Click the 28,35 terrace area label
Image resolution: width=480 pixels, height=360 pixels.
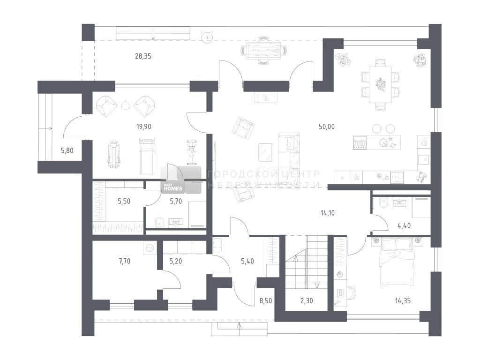click(143, 56)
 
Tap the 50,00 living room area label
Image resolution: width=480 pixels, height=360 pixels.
click(327, 127)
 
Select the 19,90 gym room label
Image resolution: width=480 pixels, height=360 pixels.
click(143, 127)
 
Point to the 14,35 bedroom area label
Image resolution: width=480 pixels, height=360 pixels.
click(403, 301)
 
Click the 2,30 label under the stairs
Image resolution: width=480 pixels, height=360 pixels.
click(307, 301)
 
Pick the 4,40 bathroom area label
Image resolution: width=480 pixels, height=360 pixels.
click(404, 226)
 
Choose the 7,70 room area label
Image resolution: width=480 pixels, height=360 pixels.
click(125, 261)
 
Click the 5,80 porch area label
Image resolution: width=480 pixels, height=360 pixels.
click(67, 150)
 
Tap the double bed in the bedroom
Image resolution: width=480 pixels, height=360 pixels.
click(397, 262)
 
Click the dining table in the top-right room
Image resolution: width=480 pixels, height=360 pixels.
click(381, 85)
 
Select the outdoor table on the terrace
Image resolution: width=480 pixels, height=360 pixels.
click(263, 51)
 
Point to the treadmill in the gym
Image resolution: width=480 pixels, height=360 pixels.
click(147, 156)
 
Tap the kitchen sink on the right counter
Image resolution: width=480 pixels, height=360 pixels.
click(424, 159)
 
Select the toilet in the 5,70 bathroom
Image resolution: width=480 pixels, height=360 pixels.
click(159, 222)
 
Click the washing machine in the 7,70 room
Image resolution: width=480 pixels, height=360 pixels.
click(150, 247)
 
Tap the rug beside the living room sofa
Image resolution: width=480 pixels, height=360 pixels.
click(265, 152)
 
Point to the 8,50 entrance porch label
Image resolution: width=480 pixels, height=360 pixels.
click(266, 301)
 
